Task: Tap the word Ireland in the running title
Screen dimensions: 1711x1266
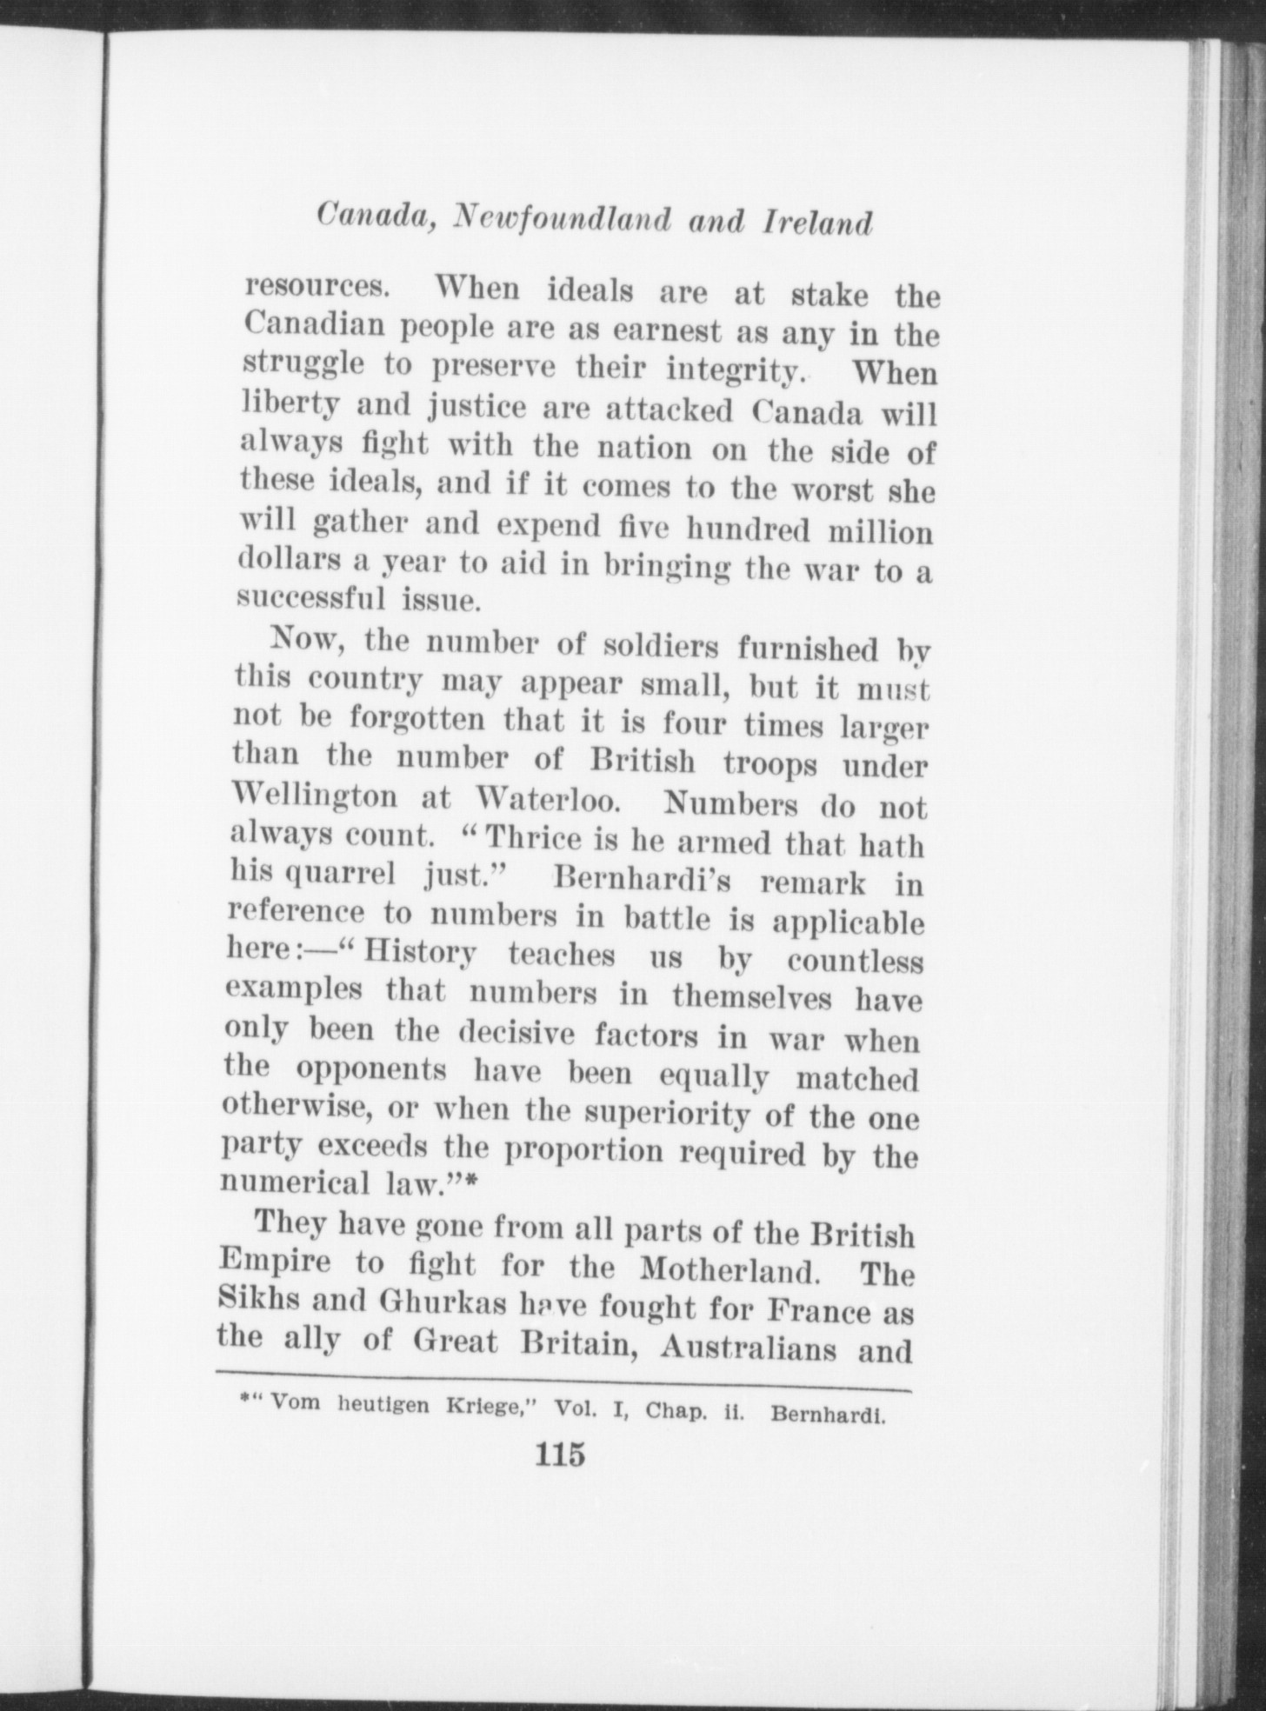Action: [816, 224]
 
